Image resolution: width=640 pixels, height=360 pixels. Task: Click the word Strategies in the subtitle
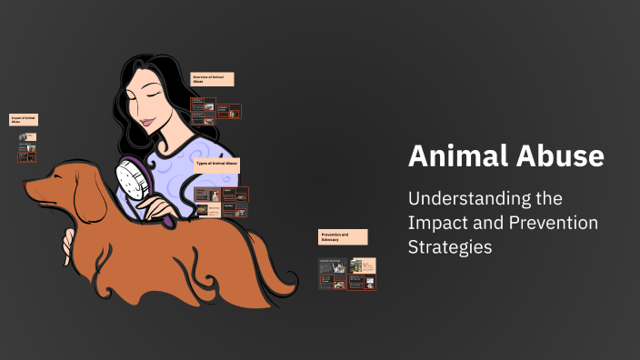[451, 246]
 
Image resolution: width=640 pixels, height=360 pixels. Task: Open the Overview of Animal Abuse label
[212, 79]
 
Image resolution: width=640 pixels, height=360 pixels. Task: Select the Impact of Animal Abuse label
[24, 119]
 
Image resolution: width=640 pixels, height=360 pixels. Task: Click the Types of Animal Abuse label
[217, 165]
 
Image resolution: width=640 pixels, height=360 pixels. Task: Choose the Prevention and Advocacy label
[343, 236]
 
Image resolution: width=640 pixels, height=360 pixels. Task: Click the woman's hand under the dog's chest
[68, 241]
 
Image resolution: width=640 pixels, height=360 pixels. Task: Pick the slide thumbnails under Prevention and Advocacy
[346, 273]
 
